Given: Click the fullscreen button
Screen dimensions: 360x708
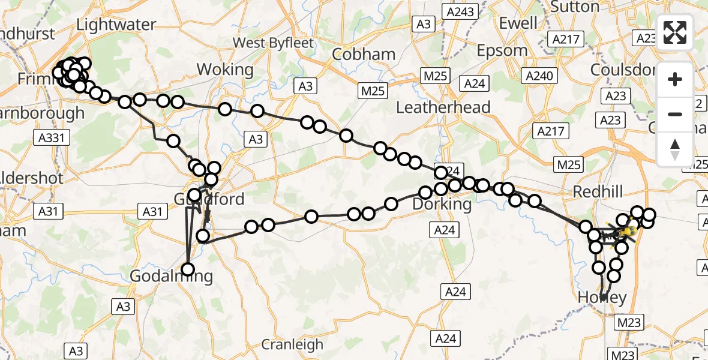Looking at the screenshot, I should (675, 32).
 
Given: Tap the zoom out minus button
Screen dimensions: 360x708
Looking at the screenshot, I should (675, 114).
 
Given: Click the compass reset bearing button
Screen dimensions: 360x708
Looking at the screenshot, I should (675, 149).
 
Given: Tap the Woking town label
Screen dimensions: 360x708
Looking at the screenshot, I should (225, 70).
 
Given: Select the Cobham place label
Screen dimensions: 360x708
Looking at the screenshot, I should (364, 55).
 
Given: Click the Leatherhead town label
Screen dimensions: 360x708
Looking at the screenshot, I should (443, 107).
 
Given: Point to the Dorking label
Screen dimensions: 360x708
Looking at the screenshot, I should (442, 204).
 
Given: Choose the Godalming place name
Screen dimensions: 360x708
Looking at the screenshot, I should (172, 277).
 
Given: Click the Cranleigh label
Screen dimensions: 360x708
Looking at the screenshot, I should (292, 345).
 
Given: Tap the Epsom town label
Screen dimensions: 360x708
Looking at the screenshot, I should (502, 50).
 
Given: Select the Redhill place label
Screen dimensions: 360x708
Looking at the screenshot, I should (598, 192).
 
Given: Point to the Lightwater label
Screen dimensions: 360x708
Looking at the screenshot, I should (116, 25).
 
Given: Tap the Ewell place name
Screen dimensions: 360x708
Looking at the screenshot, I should (518, 23).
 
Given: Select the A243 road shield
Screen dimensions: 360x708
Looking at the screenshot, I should (459, 11).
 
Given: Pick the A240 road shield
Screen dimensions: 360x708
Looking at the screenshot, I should (541, 76).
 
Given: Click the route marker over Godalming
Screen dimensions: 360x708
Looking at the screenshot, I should (188, 269).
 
